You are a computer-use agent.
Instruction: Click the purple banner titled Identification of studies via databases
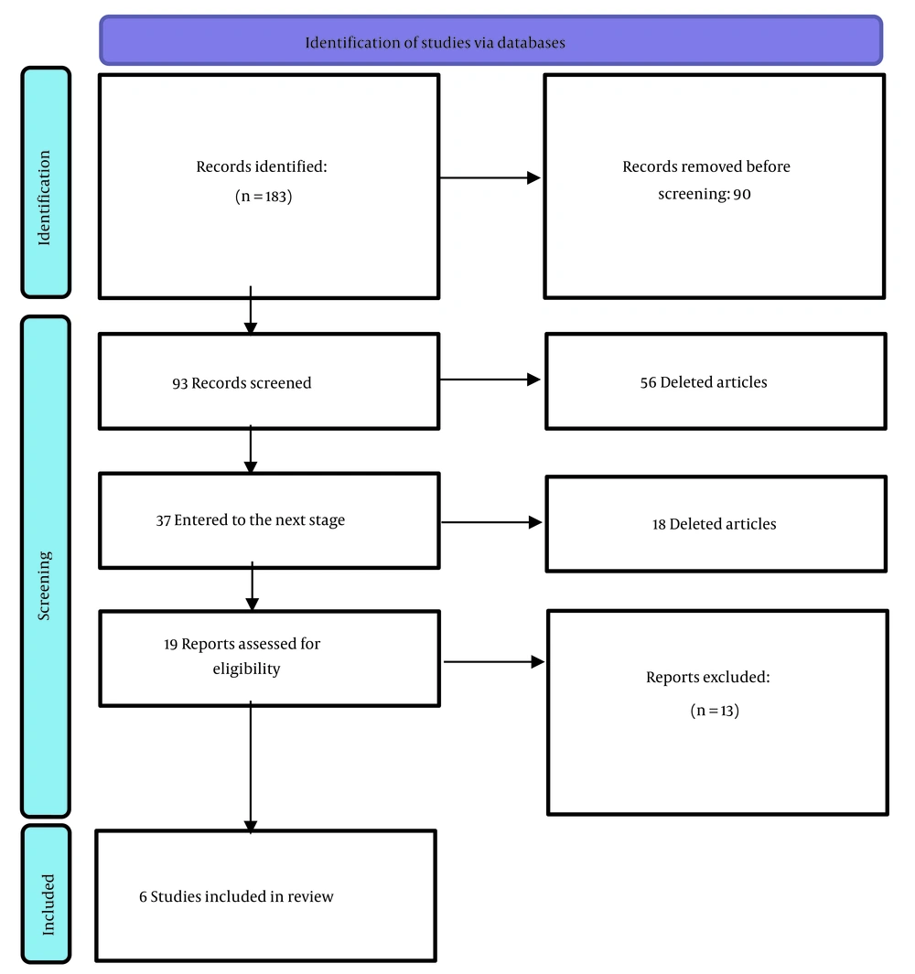click(x=490, y=40)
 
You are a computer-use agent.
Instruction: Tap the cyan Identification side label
click(x=46, y=182)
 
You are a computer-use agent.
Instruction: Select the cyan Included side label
click(x=46, y=894)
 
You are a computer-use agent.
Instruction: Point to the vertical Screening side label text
click(x=44, y=585)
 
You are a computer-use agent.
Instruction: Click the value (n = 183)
click(x=264, y=197)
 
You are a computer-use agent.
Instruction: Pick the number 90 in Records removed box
click(x=742, y=195)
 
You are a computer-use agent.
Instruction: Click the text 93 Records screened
click(x=242, y=382)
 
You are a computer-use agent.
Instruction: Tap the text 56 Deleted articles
click(x=704, y=382)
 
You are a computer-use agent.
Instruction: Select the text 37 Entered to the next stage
click(x=251, y=519)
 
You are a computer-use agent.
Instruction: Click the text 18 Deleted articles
click(x=715, y=524)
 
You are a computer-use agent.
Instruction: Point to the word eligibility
click(x=247, y=669)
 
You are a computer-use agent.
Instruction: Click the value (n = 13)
click(x=715, y=710)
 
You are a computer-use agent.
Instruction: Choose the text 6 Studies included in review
click(x=236, y=896)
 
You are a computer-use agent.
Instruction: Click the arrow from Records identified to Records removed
click(x=490, y=177)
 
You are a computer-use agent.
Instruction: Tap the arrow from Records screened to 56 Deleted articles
click(x=490, y=380)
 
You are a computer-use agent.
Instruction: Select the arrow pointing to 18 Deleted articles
click(x=491, y=522)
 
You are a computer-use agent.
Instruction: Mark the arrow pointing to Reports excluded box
click(x=494, y=662)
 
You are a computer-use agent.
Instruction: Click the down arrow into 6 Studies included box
click(x=251, y=767)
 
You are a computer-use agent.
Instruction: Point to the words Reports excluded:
click(x=708, y=677)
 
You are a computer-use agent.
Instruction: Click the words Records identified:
click(x=262, y=166)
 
